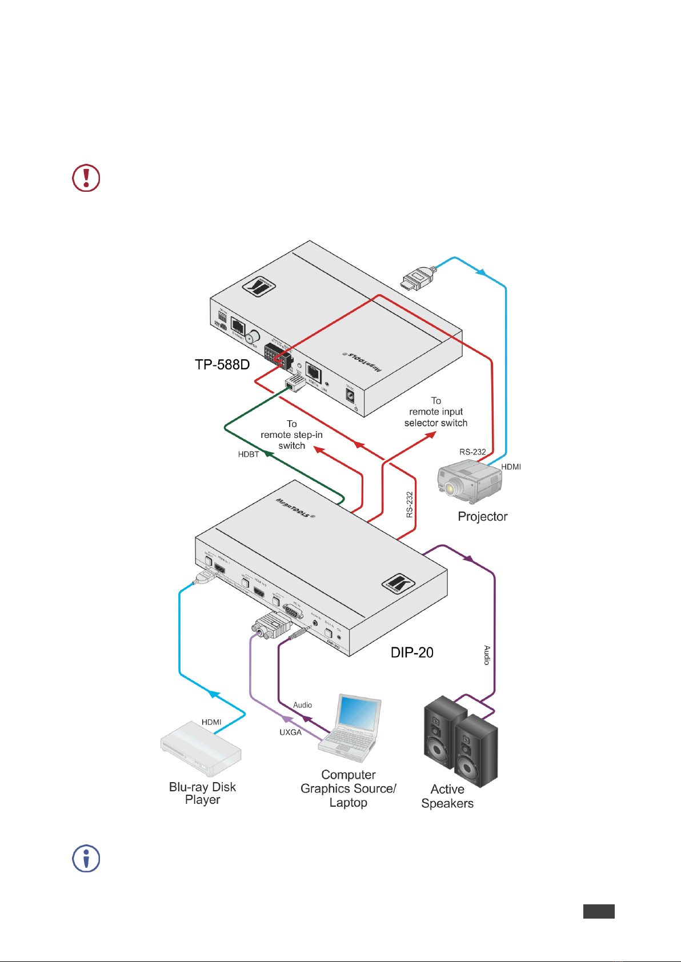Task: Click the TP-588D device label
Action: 222,365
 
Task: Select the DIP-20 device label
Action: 411,653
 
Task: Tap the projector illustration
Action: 469,482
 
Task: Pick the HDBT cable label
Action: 249,454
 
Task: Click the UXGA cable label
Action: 290,732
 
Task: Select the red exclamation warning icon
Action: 86,178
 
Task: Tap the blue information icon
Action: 86,859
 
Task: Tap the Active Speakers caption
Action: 447,796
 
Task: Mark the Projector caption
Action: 483,517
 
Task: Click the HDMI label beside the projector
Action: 511,467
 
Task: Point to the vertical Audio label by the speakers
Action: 487,655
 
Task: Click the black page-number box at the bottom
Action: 599,911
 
